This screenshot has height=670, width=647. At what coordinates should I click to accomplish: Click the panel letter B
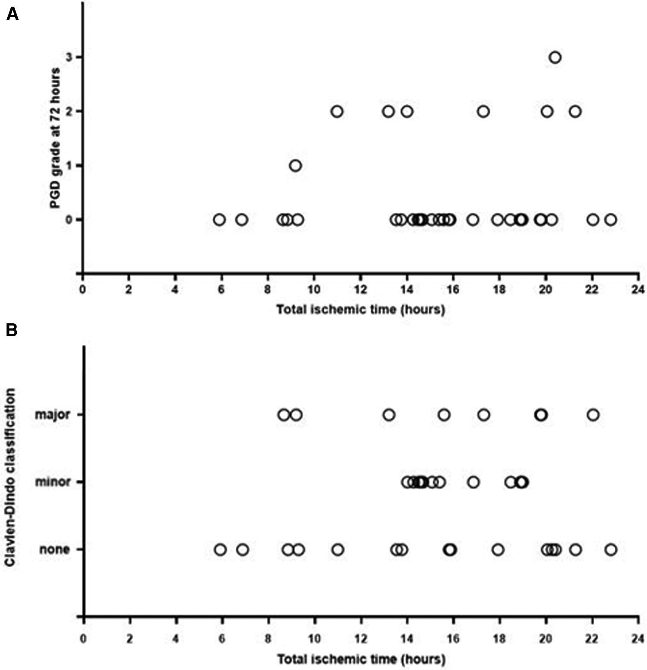pos(12,330)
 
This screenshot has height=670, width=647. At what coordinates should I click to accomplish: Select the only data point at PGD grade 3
pos(555,57)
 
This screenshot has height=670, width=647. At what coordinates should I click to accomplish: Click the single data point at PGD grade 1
pos(295,166)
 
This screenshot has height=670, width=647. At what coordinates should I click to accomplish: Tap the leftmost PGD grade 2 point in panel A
pos(337,112)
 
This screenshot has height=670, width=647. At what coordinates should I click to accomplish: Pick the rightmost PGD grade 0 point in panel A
pos(610,220)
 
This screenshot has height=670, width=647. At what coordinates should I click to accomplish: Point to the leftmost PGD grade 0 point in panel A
pos(220,220)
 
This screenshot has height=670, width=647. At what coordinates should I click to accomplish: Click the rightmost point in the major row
pos(593,415)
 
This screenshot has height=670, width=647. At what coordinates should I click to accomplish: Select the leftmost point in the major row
pos(283,415)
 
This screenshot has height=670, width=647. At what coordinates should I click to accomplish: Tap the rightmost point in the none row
pos(611,550)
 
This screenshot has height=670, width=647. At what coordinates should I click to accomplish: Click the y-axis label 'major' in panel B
pos(52,415)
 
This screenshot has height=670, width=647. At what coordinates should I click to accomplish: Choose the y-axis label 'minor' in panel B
pos(52,482)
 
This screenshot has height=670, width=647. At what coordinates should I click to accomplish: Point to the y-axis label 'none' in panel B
pos(54,550)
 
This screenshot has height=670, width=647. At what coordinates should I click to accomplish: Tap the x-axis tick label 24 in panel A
pos(638,290)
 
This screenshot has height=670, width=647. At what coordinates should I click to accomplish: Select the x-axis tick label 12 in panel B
pos(361,639)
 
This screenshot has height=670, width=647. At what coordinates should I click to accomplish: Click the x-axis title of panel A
pos(361,310)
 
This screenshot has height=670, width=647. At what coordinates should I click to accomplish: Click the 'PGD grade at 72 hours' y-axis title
pos(55,138)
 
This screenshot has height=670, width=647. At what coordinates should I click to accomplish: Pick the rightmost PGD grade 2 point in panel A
pos(575,112)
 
